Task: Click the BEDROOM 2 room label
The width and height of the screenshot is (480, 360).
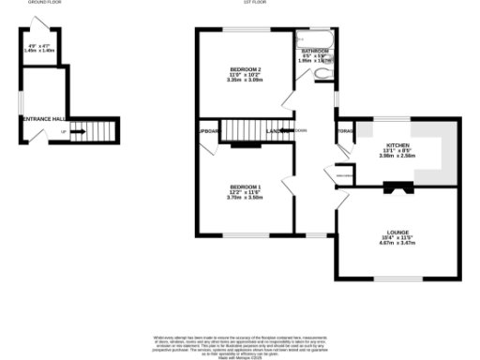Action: click(246, 69)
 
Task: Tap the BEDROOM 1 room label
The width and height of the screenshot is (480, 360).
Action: click(245, 187)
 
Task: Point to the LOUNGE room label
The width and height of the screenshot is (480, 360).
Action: click(396, 232)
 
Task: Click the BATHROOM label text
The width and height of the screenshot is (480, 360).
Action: click(315, 51)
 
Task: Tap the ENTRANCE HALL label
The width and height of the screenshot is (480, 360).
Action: click(42, 118)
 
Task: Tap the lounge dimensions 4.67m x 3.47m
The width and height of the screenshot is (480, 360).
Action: click(396, 243)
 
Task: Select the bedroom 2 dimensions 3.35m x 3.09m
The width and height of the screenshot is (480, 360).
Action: click(246, 81)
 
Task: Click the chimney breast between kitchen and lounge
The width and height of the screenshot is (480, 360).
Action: click(397, 187)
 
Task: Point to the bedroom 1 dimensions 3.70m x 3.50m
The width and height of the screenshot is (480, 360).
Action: click(245, 198)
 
